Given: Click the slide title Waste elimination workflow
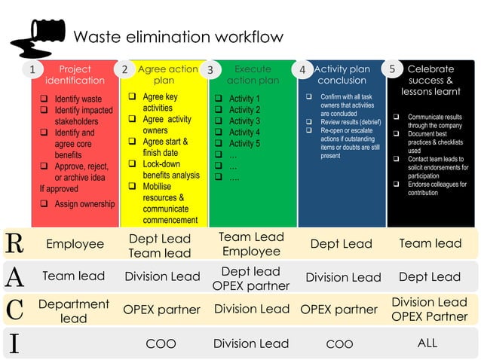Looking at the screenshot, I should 178,37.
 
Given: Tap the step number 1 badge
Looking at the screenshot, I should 32,70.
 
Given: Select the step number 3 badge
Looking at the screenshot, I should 210,70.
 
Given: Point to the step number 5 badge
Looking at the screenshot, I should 392,69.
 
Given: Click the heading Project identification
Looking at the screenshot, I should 75,75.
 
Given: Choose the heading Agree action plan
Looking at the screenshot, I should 167,75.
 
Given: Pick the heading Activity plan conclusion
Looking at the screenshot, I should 342,75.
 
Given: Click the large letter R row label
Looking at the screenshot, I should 14,243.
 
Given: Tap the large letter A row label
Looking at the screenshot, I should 14,276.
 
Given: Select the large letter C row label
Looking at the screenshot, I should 14,309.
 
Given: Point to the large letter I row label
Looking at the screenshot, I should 14,343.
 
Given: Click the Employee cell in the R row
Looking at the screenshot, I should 75,244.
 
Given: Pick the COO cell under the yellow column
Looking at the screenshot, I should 161,343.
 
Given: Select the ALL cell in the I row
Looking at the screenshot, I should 427,343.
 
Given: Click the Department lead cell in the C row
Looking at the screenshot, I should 73,311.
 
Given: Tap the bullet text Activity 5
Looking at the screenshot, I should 244,143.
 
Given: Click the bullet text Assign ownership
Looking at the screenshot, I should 84,203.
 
